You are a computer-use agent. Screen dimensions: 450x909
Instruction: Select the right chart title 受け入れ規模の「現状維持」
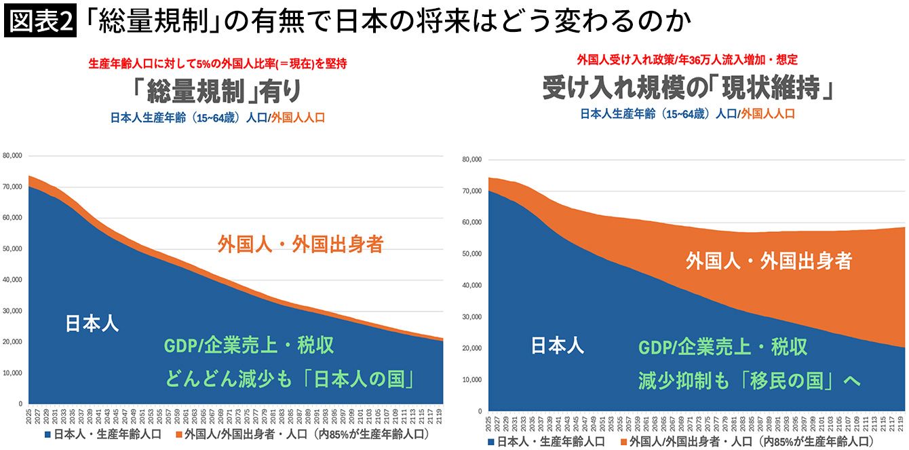click(x=688, y=88)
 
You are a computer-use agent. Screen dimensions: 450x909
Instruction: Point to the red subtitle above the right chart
click(x=687, y=59)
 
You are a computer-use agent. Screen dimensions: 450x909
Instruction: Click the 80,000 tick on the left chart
click(x=12, y=155)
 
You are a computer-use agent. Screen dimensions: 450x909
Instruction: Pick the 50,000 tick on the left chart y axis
click(x=12, y=248)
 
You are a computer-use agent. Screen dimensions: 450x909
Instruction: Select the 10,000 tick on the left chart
click(x=12, y=373)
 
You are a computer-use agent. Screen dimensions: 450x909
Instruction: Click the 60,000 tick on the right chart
click(x=471, y=222)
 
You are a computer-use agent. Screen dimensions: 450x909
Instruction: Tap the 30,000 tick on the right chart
click(x=471, y=316)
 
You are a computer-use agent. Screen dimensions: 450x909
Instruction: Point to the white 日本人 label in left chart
click(x=92, y=324)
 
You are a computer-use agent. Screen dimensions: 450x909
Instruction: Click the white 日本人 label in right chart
click(x=557, y=346)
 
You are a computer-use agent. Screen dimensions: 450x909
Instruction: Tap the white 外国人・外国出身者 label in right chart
click(x=768, y=261)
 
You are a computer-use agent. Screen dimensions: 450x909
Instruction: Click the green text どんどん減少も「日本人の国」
click(x=289, y=379)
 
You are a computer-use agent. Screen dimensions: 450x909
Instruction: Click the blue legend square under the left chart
click(x=48, y=434)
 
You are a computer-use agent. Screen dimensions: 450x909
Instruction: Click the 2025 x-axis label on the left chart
click(x=30, y=415)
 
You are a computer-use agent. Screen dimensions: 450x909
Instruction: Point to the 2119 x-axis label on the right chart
click(x=900, y=423)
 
